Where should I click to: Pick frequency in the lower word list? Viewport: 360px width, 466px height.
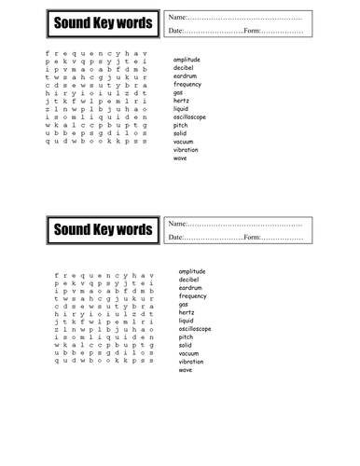(x=193, y=295)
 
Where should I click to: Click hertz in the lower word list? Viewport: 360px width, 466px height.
(x=187, y=312)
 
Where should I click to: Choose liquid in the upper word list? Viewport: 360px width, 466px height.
(x=183, y=109)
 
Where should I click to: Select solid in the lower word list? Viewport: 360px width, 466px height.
(x=186, y=345)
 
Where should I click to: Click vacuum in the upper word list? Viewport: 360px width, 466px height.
(x=185, y=142)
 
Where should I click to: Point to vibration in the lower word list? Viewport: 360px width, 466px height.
(x=191, y=362)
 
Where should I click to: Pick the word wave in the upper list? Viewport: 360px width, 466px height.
(x=180, y=158)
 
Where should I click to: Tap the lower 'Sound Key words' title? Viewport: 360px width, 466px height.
(x=101, y=228)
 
